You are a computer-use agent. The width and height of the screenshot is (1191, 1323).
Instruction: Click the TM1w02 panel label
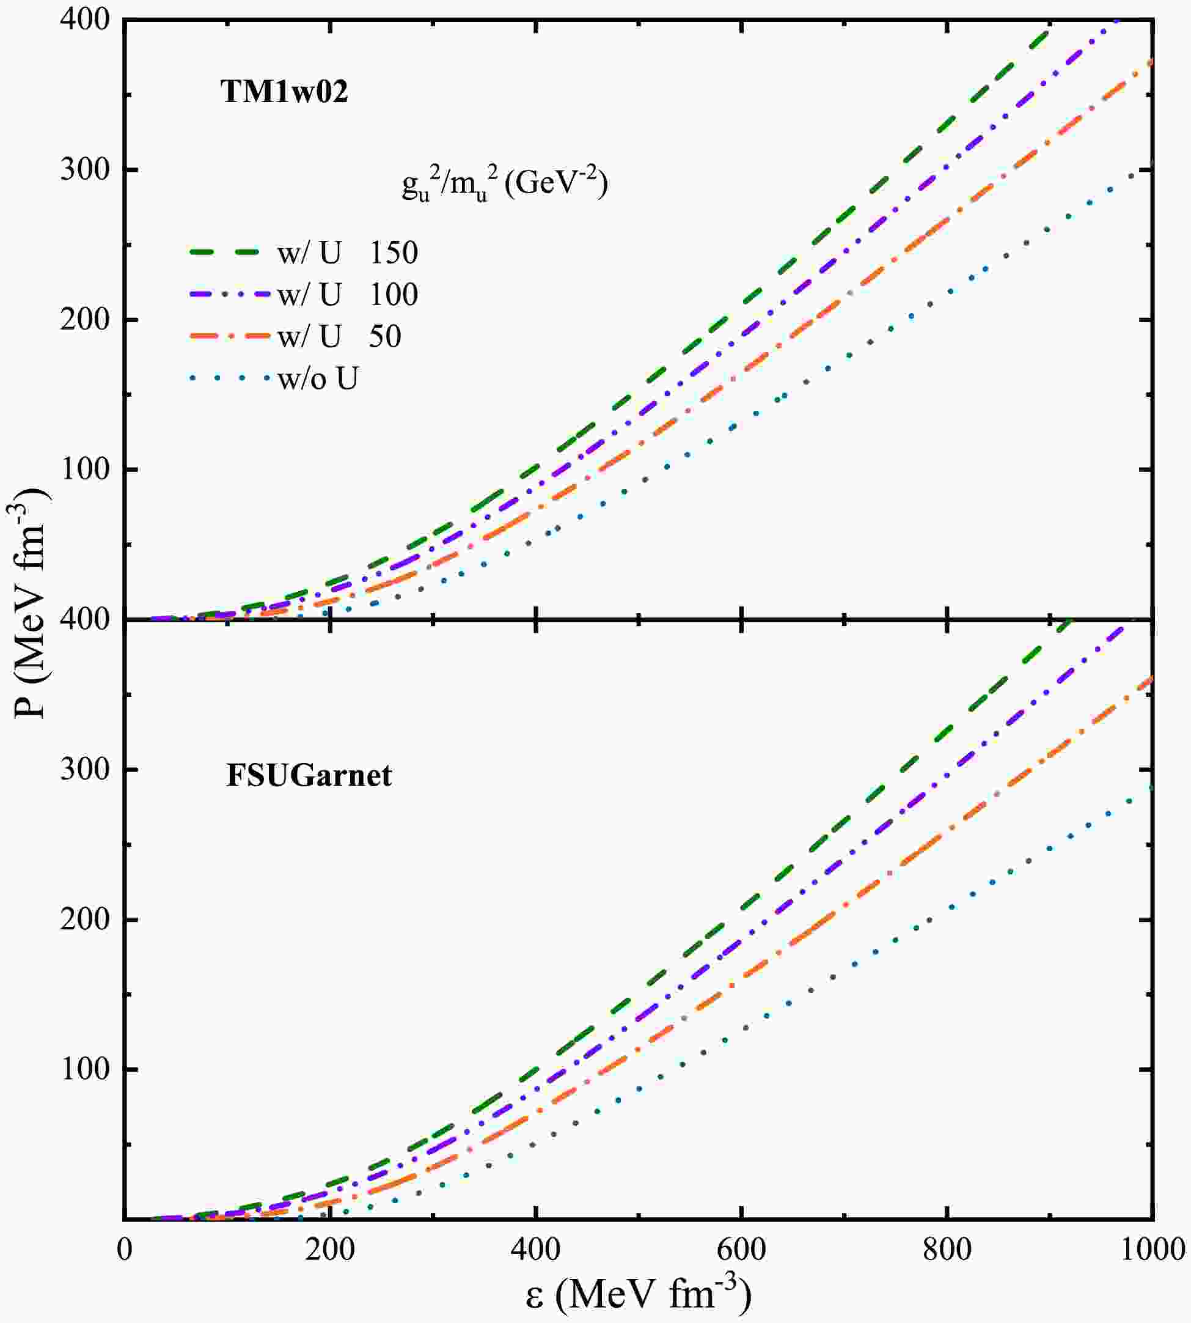(284, 92)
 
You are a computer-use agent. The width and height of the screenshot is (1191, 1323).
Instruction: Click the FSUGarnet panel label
(309, 775)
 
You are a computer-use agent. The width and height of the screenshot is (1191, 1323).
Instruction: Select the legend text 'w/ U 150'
(348, 252)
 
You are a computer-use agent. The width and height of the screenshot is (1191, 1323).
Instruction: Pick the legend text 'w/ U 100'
(348, 295)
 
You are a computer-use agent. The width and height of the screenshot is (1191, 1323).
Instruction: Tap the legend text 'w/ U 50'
(339, 336)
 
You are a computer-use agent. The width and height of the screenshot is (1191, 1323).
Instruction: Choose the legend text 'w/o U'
(318, 378)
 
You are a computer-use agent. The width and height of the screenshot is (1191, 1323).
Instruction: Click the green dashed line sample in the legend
(229, 251)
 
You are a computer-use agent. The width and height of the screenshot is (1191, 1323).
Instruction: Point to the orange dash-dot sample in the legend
(229, 336)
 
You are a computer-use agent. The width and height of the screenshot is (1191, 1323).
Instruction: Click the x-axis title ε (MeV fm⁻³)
(638, 1294)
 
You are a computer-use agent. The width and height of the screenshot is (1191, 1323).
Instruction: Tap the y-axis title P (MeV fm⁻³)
(29, 602)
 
